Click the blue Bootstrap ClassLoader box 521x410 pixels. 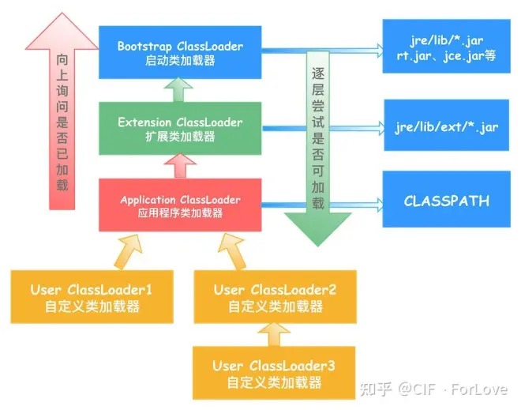(180, 52)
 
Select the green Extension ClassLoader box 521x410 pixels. (180, 129)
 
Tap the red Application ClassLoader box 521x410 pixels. (180, 205)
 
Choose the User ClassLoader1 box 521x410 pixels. (92, 297)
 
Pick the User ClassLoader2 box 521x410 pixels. (275, 297)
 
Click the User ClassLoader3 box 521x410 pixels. (274, 373)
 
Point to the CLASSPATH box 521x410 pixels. (446, 200)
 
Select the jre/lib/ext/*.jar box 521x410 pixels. (447, 126)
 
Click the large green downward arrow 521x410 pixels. (317, 150)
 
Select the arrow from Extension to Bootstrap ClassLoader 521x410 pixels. (181, 90)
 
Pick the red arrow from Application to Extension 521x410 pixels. (181, 166)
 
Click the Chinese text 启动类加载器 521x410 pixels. (180, 61)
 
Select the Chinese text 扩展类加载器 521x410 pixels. (180, 137)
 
